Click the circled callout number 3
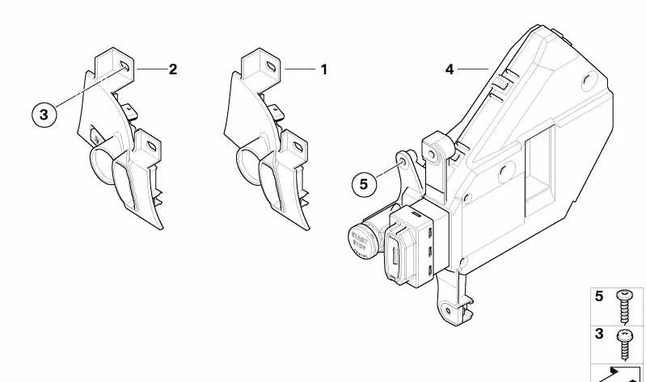44,114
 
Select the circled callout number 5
363,184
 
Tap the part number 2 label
172,69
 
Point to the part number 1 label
323,69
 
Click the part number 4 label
450,69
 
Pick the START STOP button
359,242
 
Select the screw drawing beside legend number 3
623,343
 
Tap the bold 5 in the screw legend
599,296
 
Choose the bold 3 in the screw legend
599,334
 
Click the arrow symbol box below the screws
619,372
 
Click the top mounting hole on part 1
268,65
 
